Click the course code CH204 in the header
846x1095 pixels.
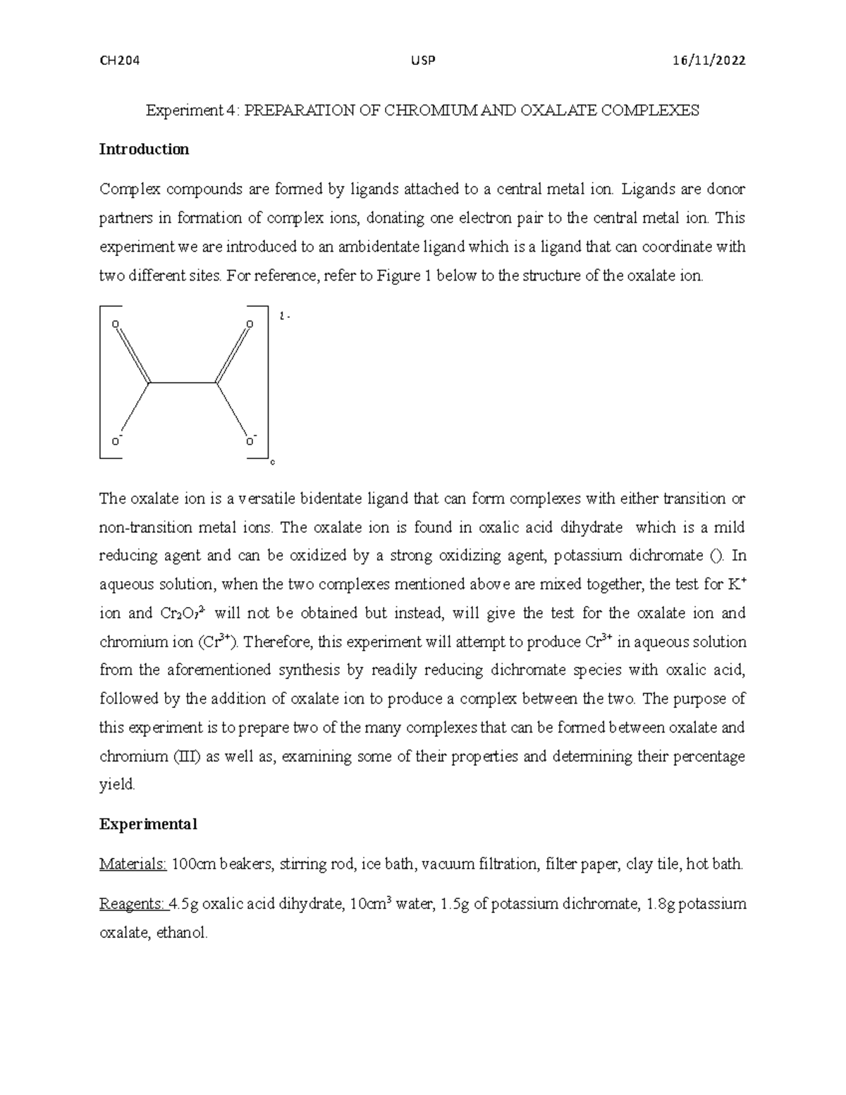[120, 61]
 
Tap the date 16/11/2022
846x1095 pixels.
[710, 61]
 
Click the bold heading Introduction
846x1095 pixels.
[144, 149]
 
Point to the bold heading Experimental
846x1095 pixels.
[148, 824]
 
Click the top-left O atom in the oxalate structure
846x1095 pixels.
[116, 324]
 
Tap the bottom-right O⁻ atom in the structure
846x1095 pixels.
[250, 442]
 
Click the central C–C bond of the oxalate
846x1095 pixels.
[183, 383]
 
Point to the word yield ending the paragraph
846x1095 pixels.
[116, 785]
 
